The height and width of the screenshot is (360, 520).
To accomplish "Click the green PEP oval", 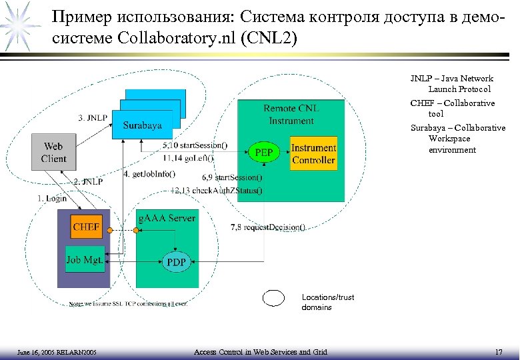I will [264, 152].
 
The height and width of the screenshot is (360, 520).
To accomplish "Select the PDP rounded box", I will [176, 262].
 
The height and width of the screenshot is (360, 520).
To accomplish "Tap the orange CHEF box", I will [86, 227].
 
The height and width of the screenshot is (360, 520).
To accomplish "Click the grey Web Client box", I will [53, 152].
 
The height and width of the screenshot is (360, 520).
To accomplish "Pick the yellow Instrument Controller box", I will [313, 153].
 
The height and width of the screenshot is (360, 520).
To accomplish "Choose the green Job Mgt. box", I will [85, 259].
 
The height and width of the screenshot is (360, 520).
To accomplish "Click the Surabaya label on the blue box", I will [141, 125].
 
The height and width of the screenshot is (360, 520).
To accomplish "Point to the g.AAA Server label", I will [166, 218].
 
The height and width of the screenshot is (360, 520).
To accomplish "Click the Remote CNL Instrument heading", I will [291, 115].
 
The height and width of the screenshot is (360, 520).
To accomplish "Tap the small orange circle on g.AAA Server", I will [136, 230].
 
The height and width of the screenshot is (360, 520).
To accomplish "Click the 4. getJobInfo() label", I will [149, 175].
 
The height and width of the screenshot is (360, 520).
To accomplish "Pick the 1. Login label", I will [52, 198].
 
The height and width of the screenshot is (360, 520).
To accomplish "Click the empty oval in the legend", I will [274, 298].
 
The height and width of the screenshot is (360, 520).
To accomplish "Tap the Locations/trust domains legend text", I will [327, 302].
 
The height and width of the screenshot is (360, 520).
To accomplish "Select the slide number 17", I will [498, 351].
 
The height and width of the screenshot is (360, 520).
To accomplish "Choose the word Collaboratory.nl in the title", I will [191, 38].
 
